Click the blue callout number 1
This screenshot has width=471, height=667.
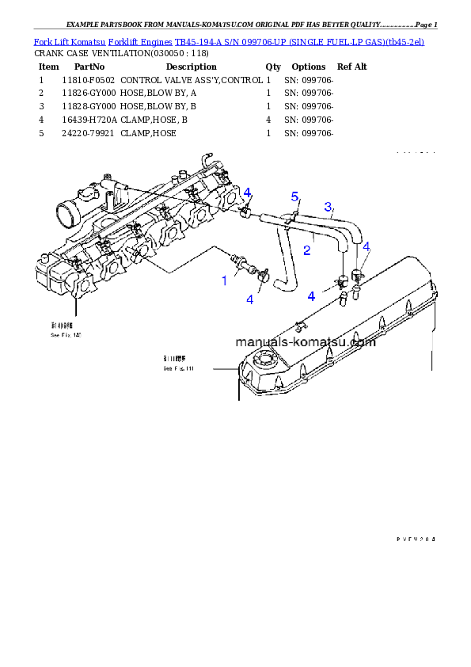[x=224, y=280]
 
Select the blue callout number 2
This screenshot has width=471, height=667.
[x=306, y=250]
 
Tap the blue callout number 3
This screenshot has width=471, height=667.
[x=328, y=208]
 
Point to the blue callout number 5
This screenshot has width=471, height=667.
[x=294, y=196]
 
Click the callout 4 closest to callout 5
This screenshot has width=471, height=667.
[x=247, y=193]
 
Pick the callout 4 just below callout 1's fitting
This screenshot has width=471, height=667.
[x=250, y=299]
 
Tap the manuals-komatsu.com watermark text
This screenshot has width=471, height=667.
[x=305, y=342]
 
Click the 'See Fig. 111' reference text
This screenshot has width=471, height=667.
[x=178, y=368]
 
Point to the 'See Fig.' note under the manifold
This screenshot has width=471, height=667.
[x=65, y=335]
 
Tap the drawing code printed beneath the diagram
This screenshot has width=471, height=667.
[x=416, y=539]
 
